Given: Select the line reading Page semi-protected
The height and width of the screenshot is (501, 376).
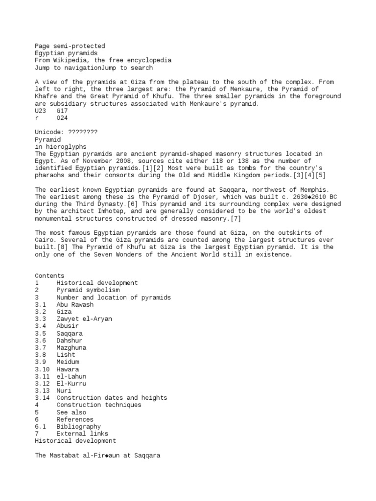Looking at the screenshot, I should point(70,46).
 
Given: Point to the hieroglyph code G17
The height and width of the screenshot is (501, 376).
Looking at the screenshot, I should point(62,111).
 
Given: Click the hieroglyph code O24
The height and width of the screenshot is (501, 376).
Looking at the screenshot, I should point(62,118).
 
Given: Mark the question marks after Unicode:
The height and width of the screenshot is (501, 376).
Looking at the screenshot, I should point(83,132).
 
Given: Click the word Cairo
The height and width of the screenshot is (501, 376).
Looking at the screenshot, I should point(46,240).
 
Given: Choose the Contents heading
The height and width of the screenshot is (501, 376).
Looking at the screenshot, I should point(49,276).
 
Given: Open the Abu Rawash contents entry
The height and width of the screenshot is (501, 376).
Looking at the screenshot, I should point(74,304).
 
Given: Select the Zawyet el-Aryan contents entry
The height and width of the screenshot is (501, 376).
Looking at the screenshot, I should point(84,319).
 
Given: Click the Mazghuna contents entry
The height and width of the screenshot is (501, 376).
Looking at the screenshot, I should point(71,347).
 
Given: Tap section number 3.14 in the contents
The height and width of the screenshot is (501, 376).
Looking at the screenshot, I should point(42,398).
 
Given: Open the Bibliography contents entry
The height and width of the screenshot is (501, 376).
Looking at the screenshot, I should point(78,427).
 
